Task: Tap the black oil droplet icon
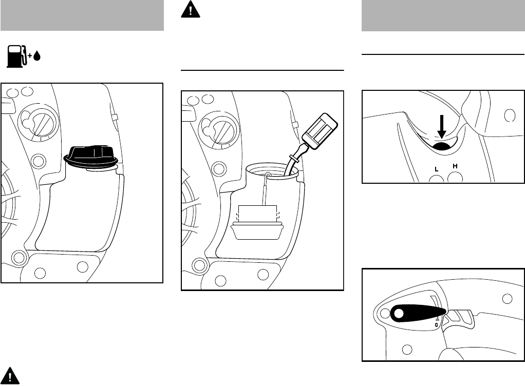pyautogui.click(x=37, y=55)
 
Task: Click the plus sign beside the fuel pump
pyautogui.click(x=30, y=56)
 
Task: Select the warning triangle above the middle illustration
pyautogui.click(x=191, y=9)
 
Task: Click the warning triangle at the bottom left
pyautogui.click(x=10, y=376)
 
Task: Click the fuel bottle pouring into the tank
pyautogui.click(x=313, y=141)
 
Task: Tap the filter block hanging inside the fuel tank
pyautogui.click(x=257, y=222)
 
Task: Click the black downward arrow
pyautogui.click(x=442, y=127)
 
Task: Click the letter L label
pyautogui.click(x=436, y=169)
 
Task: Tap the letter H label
pyautogui.click(x=455, y=166)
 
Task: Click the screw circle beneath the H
pyautogui.click(x=455, y=178)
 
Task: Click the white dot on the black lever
pyautogui.click(x=399, y=314)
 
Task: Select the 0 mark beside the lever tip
pyautogui.click(x=437, y=325)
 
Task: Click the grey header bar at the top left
pyautogui.click(x=82, y=15)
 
